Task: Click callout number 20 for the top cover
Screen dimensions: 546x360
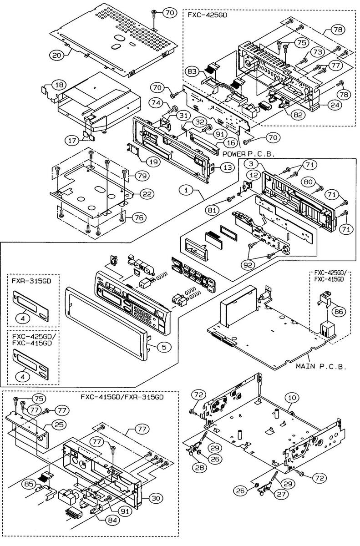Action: (56, 55)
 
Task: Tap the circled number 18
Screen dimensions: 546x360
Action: (59, 85)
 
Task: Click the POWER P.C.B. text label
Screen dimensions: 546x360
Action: (249, 154)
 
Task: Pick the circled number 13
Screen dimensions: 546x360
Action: (229, 167)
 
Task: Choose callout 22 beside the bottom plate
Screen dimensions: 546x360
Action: (147, 194)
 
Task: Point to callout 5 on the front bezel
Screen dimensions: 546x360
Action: (166, 347)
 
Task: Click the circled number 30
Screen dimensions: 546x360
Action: (156, 498)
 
